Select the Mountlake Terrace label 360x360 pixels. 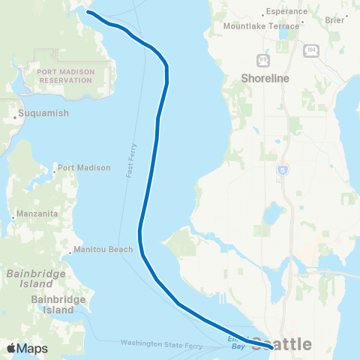261,25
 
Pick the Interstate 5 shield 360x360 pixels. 282,170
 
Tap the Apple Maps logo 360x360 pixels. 28,349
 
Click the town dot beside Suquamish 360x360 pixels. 15,117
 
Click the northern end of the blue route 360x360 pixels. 88,12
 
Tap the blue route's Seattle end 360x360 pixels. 269,346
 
